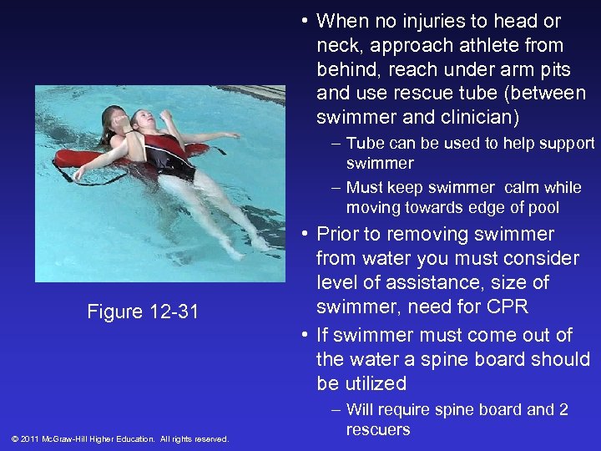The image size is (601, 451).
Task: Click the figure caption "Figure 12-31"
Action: click(143, 312)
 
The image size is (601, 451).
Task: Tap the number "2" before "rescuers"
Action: click(564, 409)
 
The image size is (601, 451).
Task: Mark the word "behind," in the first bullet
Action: click(348, 69)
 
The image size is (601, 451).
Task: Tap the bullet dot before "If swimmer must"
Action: click(305, 336)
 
